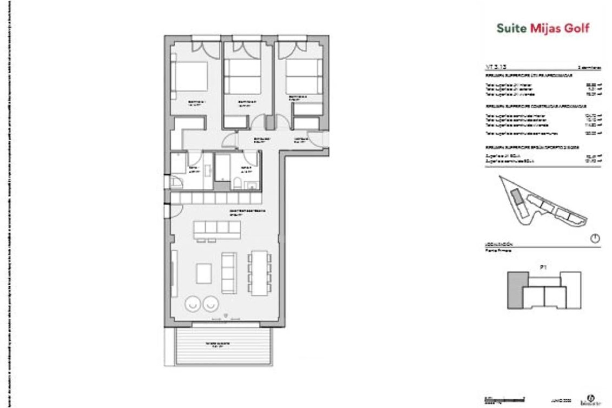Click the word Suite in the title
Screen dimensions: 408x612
tap(512, 28)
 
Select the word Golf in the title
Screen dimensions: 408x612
tap(577, 28)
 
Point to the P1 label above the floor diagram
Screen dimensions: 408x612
tap(543, 268)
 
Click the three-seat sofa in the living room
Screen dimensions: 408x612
tap(229, 273)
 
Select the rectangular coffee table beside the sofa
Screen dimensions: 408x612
tap(204, 273)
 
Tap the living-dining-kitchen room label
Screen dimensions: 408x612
tap(248, 213)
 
